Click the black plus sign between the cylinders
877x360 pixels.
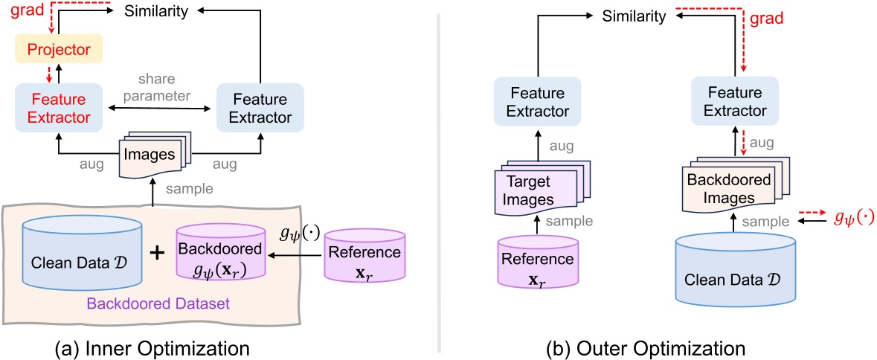[157, 253]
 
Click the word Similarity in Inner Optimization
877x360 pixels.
[156, 11]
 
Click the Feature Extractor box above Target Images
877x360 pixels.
[533, 103]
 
